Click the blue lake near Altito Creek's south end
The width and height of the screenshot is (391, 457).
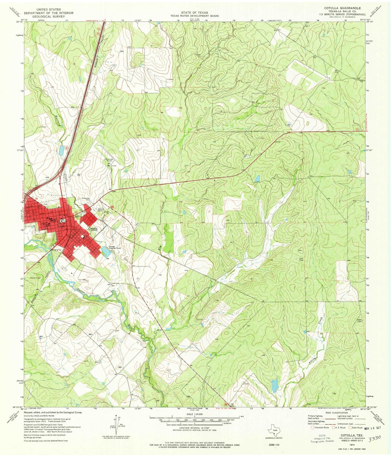tap(275, 385)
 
